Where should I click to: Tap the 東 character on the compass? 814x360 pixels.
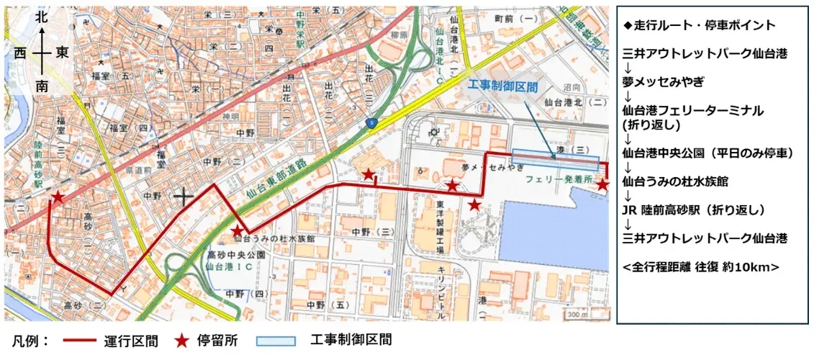click(63, 53)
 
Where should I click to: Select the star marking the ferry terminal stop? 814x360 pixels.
click(603, 186)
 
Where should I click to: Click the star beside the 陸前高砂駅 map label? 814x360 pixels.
click(57, 197)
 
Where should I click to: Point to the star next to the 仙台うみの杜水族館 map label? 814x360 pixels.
click(236, 230)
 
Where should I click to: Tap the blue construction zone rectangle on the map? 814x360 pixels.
click(555, 160)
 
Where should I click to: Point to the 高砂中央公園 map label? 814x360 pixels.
click(237, 255)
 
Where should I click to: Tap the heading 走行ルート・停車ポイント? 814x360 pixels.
click(699, 25)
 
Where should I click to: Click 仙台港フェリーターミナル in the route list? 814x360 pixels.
click(693, 111)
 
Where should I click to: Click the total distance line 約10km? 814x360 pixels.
click(701, 266)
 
